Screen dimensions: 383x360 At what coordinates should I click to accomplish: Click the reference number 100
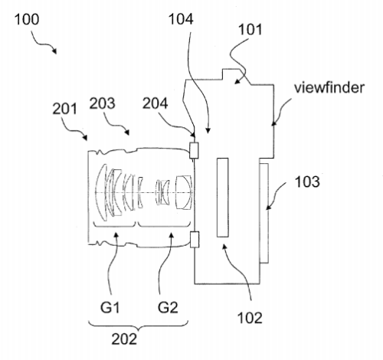[x=27, y=19]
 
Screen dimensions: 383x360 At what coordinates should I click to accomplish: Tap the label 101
[x=250, y=29]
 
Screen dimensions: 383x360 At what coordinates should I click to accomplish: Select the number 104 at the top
[x=181, y=19]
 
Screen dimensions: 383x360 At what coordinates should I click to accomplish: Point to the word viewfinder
[x=329, y=87]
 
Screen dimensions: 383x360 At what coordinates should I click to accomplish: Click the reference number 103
[x=307, y=182]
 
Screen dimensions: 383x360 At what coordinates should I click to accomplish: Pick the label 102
[x=250, y=318]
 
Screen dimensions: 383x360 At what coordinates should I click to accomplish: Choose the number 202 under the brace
[x=124, y=339]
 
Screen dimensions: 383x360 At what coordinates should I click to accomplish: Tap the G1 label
[x=110, y=307]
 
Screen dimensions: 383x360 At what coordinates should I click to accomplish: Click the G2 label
[x=168, y=307]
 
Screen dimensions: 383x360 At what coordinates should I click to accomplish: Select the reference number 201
[x=64, y=109]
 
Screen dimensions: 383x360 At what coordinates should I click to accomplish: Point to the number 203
[x=102, y=103]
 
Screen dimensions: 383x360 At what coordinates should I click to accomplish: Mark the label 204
[x=155, y=103]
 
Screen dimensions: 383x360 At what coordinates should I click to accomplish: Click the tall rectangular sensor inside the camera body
[x=223, y=198]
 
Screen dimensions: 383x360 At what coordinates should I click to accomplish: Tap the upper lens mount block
[x=194, y=150]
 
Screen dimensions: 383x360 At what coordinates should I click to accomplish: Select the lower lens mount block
[x=195, y=239]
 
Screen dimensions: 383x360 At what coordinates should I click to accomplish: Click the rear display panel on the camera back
[x=264, y=213]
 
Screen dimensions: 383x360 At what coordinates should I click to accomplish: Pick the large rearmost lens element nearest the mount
[x=184, y=192]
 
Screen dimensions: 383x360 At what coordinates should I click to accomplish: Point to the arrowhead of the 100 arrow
[x=54, y=51]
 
